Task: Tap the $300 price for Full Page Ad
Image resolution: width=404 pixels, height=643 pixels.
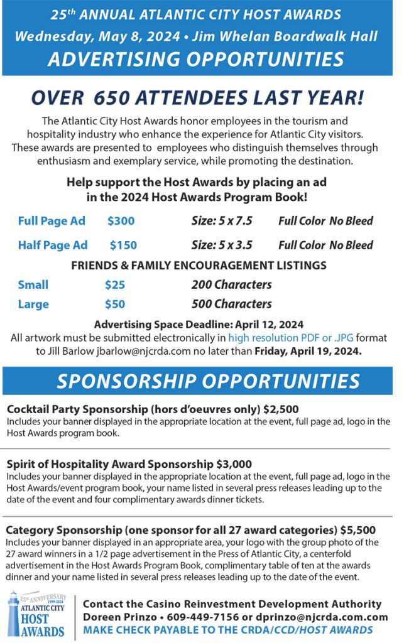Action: (121, 221)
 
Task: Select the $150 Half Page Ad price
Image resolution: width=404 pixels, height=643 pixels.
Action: (123, 245)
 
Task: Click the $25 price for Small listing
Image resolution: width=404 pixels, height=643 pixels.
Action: (115, 284)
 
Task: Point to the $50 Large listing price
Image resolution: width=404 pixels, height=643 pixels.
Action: (115, 305)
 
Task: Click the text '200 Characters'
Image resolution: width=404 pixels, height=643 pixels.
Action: (231, 284)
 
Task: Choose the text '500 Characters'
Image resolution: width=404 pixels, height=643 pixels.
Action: (231, 305)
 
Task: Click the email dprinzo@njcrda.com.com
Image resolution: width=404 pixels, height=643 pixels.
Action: (315, 617)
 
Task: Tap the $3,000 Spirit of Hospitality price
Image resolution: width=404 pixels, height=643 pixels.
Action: (234, 465)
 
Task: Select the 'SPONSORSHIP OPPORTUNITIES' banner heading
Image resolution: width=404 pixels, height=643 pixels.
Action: (208, 381)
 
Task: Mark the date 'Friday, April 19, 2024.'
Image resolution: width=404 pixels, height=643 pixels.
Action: (308, 351)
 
